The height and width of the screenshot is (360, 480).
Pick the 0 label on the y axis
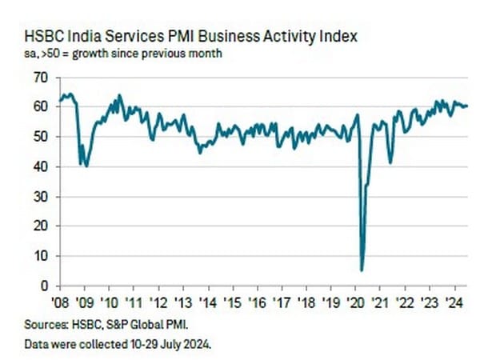(44, 286)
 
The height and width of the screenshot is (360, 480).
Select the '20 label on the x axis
(353, 302)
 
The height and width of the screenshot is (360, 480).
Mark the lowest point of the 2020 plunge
(362, 270)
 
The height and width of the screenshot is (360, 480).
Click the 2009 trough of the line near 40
(86, 166)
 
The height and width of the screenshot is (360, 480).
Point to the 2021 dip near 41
(390, 162)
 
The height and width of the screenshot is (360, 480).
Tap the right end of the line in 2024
(468, 106)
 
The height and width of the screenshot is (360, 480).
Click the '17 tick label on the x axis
(280, 302)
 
